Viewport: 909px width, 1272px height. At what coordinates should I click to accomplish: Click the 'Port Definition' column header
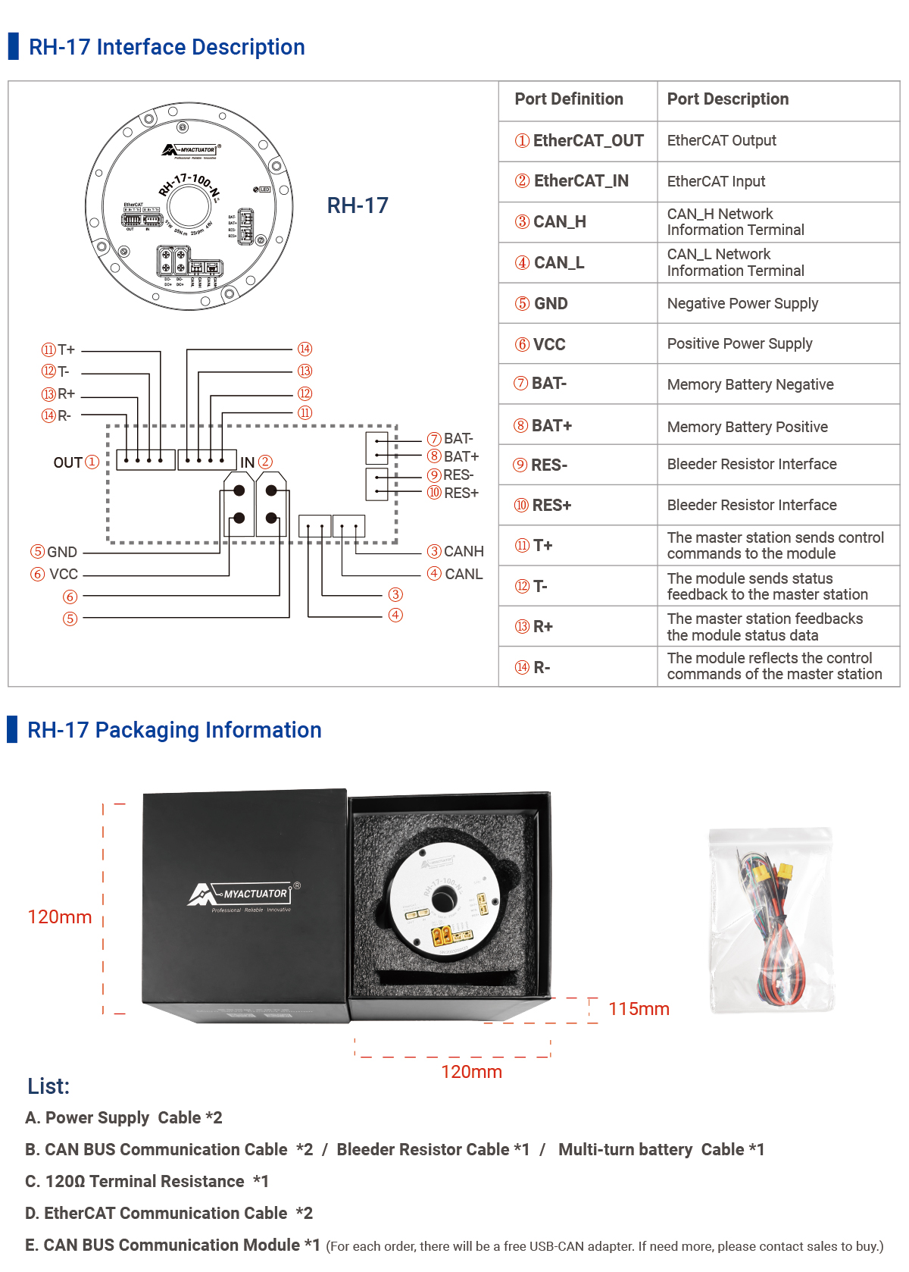(568, 99)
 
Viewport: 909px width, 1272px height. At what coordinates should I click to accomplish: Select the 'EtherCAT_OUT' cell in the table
(579, 141)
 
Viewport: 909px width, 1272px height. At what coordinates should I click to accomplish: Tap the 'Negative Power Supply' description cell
(742, 303)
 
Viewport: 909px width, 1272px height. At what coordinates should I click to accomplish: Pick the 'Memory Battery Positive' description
(747, 427)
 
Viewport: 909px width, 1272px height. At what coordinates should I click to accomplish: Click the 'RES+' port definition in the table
(543, 506)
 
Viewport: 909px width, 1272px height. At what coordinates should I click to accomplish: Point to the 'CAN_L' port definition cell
(550, 263)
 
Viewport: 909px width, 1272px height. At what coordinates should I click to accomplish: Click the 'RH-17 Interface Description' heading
(167, 47)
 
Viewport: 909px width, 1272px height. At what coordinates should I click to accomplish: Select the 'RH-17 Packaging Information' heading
(174, 730)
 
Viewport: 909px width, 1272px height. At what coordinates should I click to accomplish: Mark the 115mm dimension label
(639, 1009)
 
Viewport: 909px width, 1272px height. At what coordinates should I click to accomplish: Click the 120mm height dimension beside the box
(60, 917)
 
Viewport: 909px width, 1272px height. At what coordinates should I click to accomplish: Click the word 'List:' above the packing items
(48, 1086)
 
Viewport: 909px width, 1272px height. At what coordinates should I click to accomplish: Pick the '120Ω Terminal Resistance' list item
(147, 1181)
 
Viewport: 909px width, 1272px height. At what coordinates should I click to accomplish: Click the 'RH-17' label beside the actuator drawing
(358, 205)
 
